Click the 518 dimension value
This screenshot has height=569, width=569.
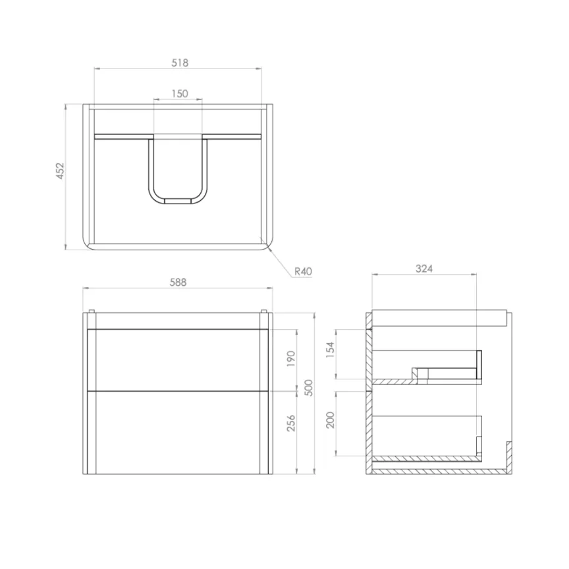pos(180,63)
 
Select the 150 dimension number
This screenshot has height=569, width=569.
pos(180,94)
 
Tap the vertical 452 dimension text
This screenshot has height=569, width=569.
pos(60,171)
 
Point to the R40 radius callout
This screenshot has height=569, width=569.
pos(303,271)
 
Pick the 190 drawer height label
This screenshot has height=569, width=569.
pos(292,358)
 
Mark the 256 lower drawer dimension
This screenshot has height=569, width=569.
pos(292,422)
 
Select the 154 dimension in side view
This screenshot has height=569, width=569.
pos(331,349)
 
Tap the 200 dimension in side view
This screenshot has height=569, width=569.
pos(331,419)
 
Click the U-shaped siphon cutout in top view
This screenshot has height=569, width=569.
pos(180,171)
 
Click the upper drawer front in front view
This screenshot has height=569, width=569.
pos(178,359)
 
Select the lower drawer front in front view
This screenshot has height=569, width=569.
pos(178,431)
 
